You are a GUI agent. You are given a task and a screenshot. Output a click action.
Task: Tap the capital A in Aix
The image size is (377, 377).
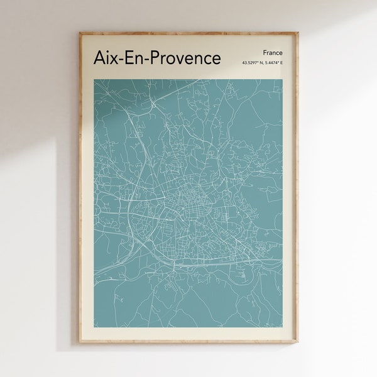coord(99,57)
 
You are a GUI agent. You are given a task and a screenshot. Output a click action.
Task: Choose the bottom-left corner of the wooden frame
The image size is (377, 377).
coord(80,342)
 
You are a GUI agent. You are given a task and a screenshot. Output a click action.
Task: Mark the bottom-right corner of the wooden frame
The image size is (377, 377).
coord(298,342)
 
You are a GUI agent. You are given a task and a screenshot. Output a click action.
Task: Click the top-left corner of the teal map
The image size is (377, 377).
coord(94,77)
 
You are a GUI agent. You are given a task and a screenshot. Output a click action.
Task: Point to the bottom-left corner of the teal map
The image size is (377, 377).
coord(94,327)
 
